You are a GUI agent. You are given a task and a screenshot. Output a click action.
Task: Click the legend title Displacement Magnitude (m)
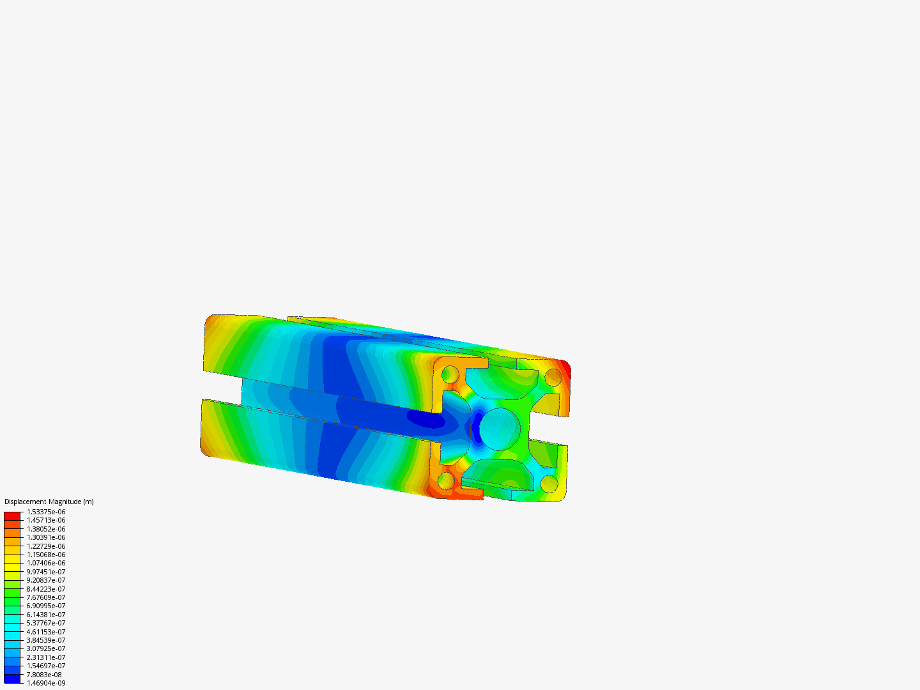(x=49, y=502)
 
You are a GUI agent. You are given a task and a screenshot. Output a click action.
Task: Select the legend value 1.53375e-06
(x=46, y=512)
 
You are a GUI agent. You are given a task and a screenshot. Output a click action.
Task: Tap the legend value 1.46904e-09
(x=46, y=683)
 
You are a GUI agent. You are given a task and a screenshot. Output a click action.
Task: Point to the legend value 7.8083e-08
(x=44, y=675)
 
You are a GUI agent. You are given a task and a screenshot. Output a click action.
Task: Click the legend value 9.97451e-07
(x=46, y=572)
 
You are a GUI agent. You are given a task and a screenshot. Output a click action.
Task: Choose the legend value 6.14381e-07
(x=46, y=615)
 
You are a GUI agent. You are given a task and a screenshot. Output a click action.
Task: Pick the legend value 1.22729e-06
(x=46, y=546)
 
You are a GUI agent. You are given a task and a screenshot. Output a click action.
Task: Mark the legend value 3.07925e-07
(x=46, y=648)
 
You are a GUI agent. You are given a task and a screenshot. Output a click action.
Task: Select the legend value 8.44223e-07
(x=46, y=589)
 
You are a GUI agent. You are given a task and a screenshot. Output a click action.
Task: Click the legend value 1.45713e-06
(x=46, y=520)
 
